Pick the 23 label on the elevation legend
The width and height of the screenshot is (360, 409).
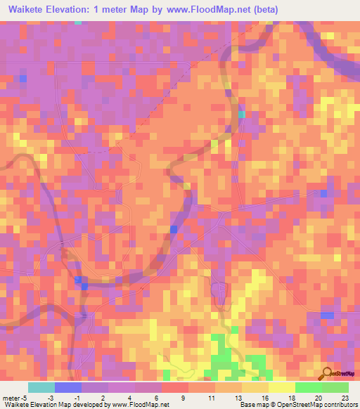pos(345,398)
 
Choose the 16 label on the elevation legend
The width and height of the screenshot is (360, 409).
pos(264,398)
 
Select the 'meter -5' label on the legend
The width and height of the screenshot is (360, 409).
pos(14,398)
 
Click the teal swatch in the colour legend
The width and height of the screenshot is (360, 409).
pos(41,387)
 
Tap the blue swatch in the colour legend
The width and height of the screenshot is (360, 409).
pos(68,387)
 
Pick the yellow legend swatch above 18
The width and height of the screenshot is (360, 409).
pos(282,387)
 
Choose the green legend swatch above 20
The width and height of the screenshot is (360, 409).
pos(309,387)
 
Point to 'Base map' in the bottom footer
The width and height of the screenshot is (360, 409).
pos(252,405)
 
